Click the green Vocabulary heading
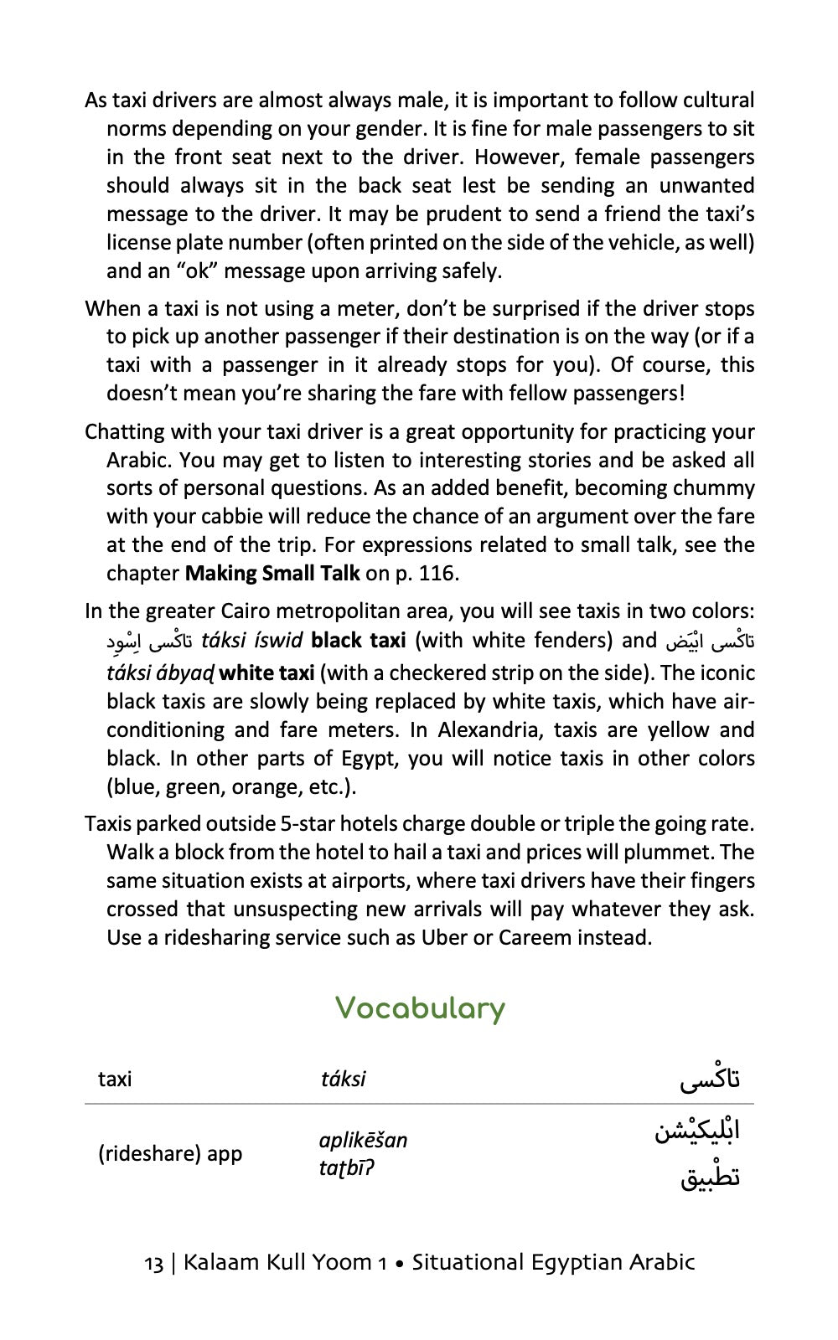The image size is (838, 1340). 420,1008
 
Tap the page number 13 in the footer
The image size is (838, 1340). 153,1263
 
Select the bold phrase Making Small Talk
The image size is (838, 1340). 272,574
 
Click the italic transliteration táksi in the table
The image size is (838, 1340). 343,1079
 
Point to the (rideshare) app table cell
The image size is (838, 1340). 170,1154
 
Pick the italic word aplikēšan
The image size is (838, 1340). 363,1140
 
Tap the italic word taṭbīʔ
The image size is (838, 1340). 346,1167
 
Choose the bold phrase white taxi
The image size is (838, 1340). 266,673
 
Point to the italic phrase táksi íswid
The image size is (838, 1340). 251,642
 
